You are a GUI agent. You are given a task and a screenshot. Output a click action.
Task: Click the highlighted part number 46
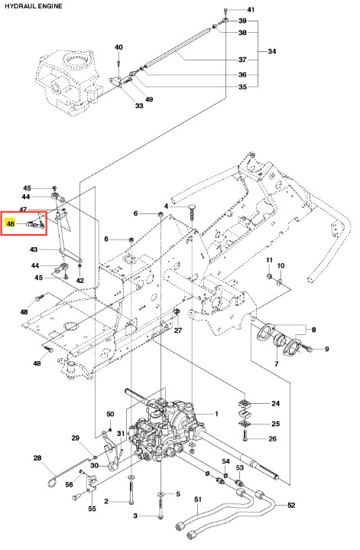(x=11, y=223)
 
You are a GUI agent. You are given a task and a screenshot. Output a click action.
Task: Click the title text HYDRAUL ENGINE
(x=34, y=6)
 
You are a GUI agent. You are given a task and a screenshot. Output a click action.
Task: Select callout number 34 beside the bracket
(x=272, y=51)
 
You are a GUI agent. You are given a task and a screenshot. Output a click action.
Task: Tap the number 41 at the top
(x=251, y=10)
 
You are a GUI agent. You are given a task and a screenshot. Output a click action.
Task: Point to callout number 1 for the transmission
(x=216, y=414)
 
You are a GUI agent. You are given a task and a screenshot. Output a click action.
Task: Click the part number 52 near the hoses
(x=291, y=505)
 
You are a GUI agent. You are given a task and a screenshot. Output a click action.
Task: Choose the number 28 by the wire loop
(x=37, y=457)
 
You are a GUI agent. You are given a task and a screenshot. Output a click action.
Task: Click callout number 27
(x=178, y=330)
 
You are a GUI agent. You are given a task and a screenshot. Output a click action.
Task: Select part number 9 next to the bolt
(x=326, y=349)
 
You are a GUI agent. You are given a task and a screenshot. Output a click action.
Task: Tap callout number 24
(x=275, y=403)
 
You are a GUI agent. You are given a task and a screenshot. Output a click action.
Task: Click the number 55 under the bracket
(x=92, y=508)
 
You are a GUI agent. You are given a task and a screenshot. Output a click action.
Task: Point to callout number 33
(x=139, y=106)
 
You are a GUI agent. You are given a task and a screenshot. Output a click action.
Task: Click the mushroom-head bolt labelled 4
(x=192, y=211)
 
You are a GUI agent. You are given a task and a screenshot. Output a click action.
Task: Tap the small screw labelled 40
(x=118, y=63)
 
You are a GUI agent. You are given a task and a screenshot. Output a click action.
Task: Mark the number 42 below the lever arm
(x=80, y=280)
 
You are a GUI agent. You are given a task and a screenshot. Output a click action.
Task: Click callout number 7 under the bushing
(x=276, y=364)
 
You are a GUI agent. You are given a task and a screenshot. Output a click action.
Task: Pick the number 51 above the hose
(x=198, y=500)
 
